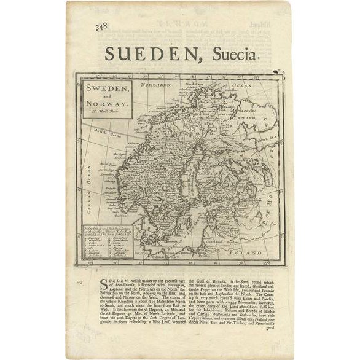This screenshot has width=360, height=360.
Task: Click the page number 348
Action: click(x=98, y=26)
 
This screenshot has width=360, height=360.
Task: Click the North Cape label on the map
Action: click(x=194, y=84)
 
